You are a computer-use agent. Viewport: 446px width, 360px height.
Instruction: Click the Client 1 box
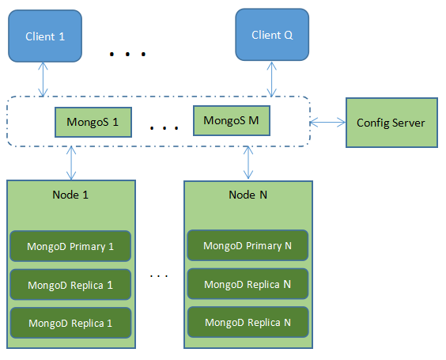45,36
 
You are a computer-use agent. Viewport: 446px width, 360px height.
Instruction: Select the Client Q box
271,36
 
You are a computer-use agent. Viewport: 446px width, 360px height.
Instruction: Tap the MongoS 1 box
93,123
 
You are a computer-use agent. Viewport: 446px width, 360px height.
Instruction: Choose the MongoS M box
231,121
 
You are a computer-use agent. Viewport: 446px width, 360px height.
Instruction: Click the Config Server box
391,123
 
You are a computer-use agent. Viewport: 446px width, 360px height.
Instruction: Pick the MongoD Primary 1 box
70,246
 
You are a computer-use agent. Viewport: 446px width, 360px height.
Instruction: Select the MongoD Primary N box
247,245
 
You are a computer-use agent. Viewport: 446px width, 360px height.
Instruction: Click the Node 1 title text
70,195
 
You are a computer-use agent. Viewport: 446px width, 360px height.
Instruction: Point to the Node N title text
247,195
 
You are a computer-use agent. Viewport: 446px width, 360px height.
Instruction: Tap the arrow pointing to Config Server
327,122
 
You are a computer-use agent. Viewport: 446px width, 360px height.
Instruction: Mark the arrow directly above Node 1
73,163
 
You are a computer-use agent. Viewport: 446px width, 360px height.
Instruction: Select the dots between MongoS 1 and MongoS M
163,127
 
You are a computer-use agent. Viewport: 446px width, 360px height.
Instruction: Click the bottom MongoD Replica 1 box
70,323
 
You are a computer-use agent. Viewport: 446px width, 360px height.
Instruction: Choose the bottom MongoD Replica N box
247,322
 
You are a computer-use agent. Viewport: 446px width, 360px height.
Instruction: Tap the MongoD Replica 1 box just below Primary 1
70,285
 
